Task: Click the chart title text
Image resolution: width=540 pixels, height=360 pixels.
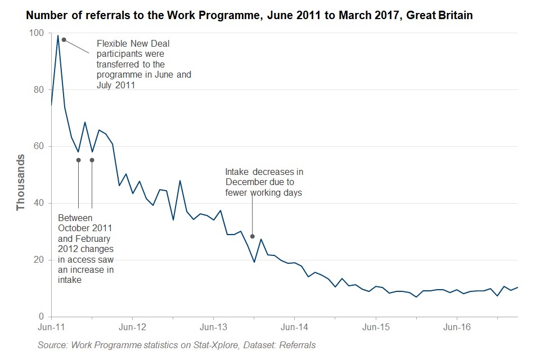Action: (249, 16)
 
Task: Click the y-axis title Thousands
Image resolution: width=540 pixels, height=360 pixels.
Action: (21, 182)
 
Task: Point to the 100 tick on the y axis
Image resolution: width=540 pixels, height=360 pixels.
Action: (37, 33)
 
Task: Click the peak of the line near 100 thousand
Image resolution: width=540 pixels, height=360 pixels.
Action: (58, 36)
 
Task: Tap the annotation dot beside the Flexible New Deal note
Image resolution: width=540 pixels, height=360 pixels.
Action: (64, 39)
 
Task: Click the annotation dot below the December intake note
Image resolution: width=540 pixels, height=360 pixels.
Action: (253, 236)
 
